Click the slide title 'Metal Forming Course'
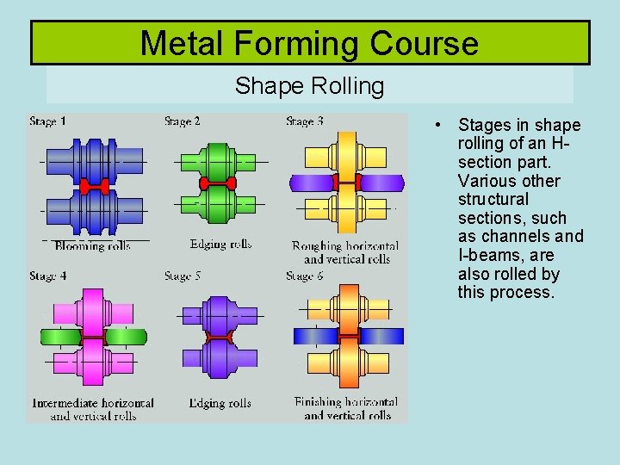[x=309, y=43]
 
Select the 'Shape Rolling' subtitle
[x=309, y=86]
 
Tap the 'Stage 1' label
[x=48, y=121]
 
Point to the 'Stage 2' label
[x=182, y=121]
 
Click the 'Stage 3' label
[x=305, y=121]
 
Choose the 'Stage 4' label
[x=48, y=276]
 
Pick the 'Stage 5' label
[x=182, y=276]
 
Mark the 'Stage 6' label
[x=305, y=276]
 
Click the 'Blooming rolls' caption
[x=92, y=246]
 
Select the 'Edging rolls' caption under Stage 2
[x=220, y=245]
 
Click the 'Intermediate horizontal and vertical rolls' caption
[x=93, y=409]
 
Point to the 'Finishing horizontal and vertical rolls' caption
[x=346, y=408]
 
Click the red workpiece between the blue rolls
[x=95, y=186]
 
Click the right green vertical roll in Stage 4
[x=126, y=336]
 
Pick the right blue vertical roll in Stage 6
[x=381, y=336]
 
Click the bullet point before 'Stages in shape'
[x=439, y=126]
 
